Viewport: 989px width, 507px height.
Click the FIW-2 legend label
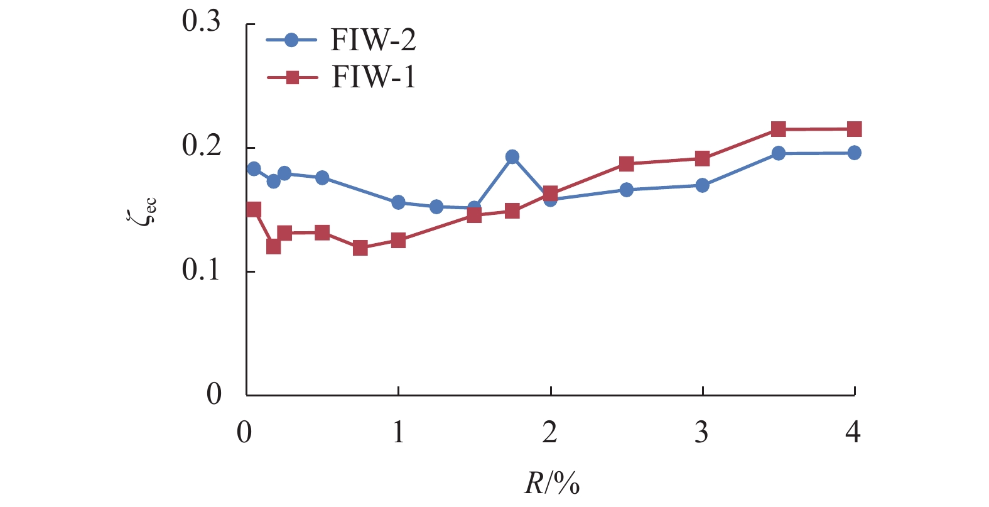click(x=373, y=41)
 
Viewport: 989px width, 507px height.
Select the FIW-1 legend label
click(x=373, y=78)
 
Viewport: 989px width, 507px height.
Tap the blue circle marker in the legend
click(x=291, y=41)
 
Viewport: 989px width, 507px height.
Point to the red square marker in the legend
click(x=292, y=78)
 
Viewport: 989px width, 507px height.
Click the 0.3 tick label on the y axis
click(x=202, y=22)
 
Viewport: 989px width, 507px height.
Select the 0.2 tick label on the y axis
click(x=202, y=146)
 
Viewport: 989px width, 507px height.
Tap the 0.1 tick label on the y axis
click(x=202, y=270)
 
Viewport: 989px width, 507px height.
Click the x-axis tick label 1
click(x=398, y=432)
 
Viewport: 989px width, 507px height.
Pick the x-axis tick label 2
click(x=550, y=432)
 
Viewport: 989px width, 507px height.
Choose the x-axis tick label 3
click(x=702, y=432)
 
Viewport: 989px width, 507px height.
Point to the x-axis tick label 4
click(x=853, y=432)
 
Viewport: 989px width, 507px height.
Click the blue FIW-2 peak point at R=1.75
click(x=512, y=157)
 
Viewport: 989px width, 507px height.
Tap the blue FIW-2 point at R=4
click(x=854, y=153)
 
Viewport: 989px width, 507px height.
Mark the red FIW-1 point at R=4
click(x=854, y=129)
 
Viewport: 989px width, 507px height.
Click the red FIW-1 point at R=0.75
click(x=360, y=248)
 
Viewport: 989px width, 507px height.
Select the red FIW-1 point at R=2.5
click(x=626, y=164)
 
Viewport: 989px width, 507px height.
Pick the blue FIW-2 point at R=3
click(x=702, y=185)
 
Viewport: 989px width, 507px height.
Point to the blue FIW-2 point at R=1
click(x=398, y=202)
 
